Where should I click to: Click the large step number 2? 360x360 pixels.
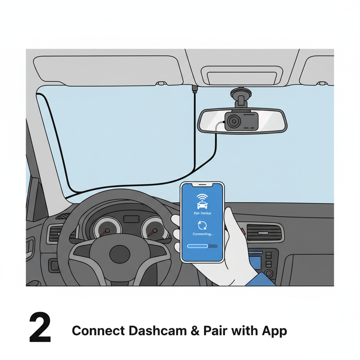40,327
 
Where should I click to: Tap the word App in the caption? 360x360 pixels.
274,331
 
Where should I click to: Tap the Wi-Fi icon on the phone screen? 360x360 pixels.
202,197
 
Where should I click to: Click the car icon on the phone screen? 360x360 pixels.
202,205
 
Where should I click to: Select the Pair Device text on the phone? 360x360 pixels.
202,213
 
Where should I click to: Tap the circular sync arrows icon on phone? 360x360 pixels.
202,225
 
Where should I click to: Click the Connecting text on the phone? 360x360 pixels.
202,234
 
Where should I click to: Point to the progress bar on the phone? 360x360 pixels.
202,246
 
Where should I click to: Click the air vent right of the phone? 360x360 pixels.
264,232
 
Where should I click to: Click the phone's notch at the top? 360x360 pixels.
202,184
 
